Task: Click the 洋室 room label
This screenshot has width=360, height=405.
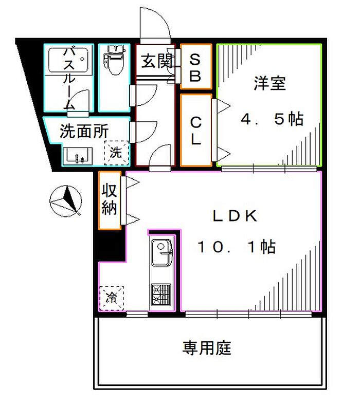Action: tap(269, 83)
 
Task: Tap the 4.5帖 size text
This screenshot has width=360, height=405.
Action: tap(272, 119)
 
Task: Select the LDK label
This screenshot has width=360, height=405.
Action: tap(235, 216)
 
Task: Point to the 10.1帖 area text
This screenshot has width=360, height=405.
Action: tap(237, 248)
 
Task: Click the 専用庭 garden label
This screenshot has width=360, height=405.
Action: tap(207, 348)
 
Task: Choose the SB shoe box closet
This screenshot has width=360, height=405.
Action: tap(196, 67)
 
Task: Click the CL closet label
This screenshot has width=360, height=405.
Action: tap(196, 130)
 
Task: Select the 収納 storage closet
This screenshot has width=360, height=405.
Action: tap(110, 200)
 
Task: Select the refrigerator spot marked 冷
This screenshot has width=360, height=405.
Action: tap(112, 297)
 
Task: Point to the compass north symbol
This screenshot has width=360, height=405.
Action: tap(66, 201)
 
